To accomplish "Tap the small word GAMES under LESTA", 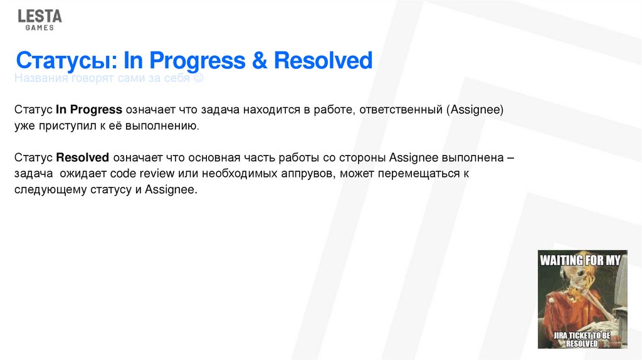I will click(x=39, y=28).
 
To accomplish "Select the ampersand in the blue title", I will click(x=258, y=61).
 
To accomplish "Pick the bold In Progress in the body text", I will click(x=89, y=109).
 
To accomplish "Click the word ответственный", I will click(x=402, y=109).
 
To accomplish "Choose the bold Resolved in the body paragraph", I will click(x=83, y=157).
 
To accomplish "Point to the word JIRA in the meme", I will click(x=562, y=336).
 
